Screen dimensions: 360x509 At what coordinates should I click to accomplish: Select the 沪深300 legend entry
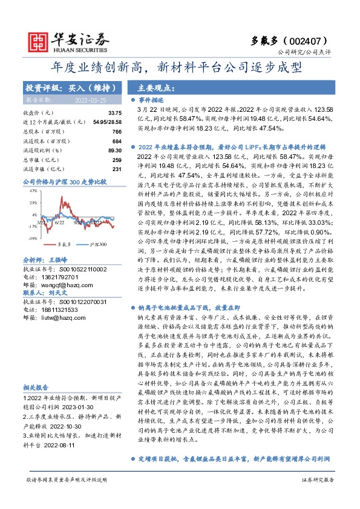[x=98, y=244]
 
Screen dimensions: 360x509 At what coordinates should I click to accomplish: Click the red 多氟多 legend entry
[x=64, y=244]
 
